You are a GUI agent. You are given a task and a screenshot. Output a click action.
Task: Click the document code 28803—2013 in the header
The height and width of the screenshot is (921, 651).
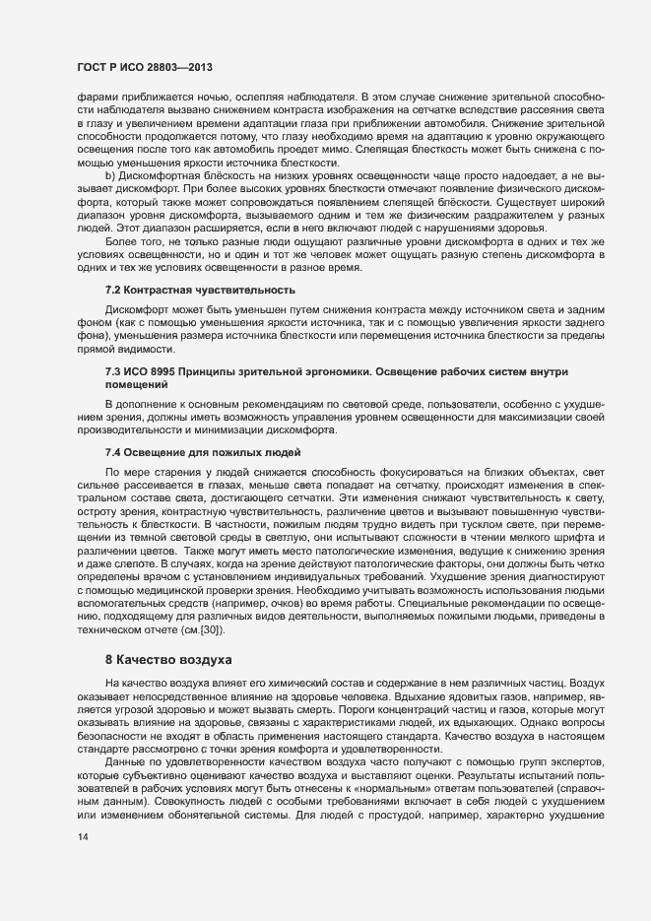click(179, 68)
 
